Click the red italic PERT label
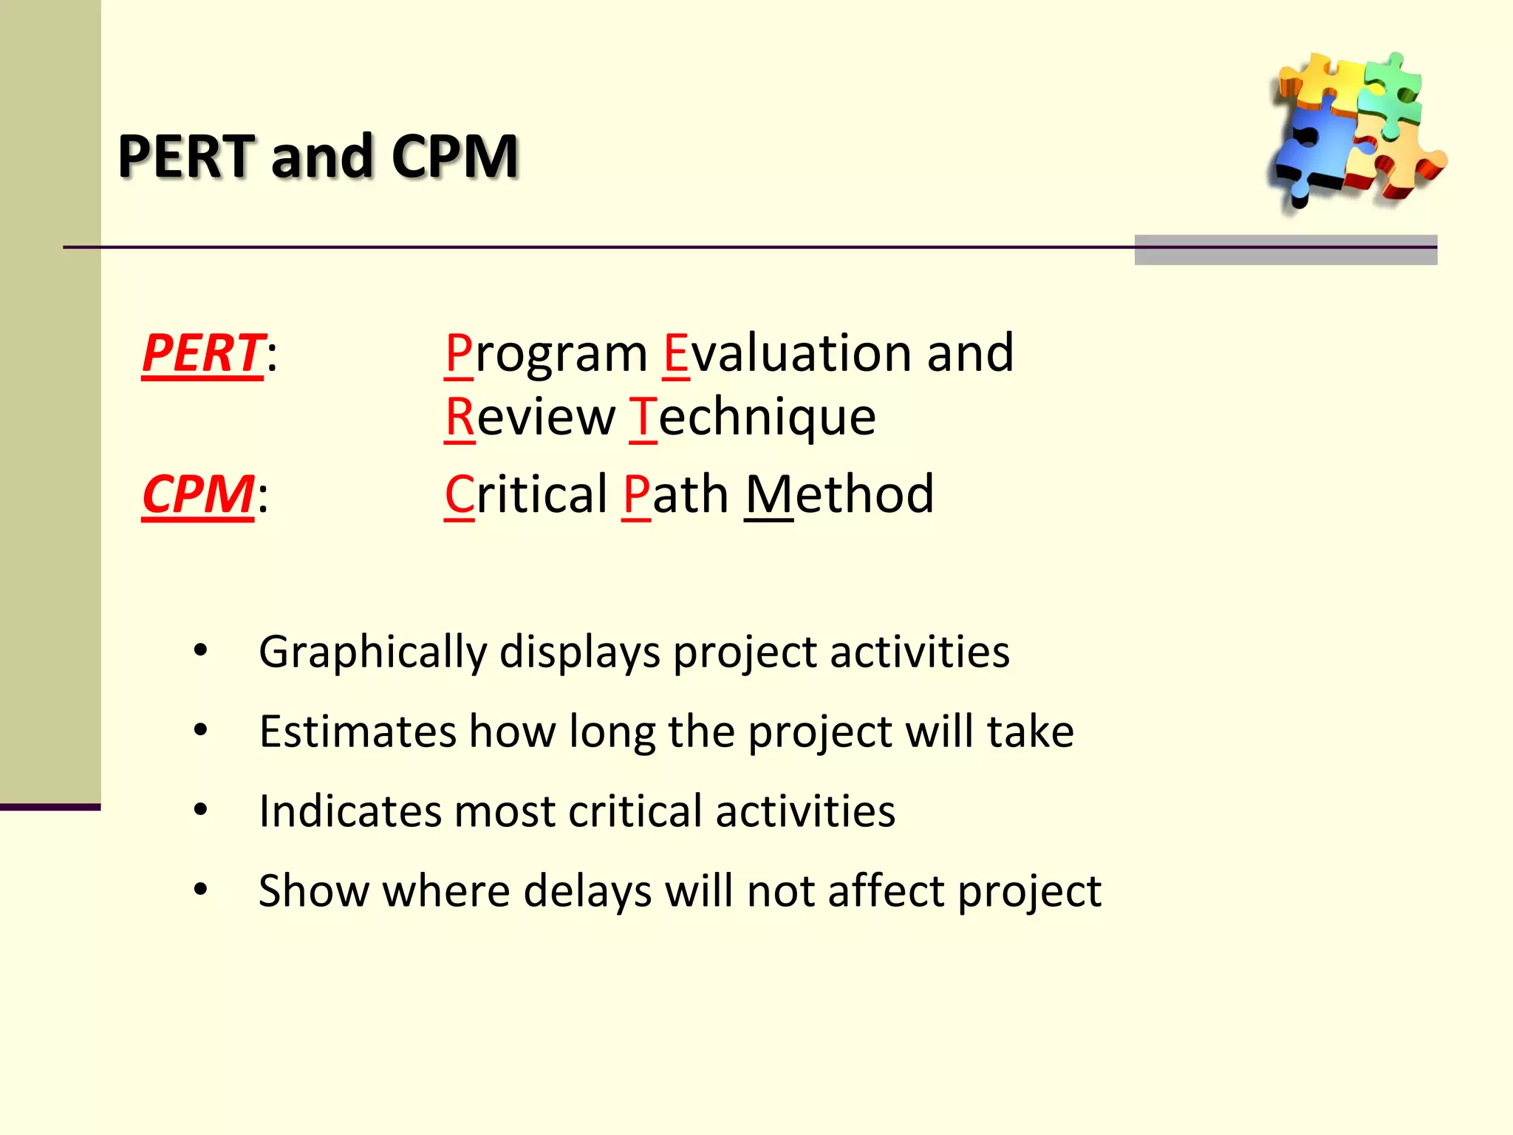click(x=202, y=353)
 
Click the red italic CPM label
click(x=198, y=494)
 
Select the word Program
click(x=546, y=353)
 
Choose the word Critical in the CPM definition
click(x=526, y=494)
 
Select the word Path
click(x=675, y=494)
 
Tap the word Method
click(x=839, y=494)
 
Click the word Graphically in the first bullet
click(x=372, y=652)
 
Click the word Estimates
click(x=358, y=732)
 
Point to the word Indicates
click(x=349, y=811)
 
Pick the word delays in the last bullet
click(x=587, y=890)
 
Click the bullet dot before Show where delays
click(x=200, y=889)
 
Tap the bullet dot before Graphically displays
click(x=200, y=650)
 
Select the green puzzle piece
click(x=1392, y=92)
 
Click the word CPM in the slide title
click(x=454, y=157)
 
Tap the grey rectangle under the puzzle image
click(x=1285, y=250)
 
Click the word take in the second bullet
click(x=1030, y=732)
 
